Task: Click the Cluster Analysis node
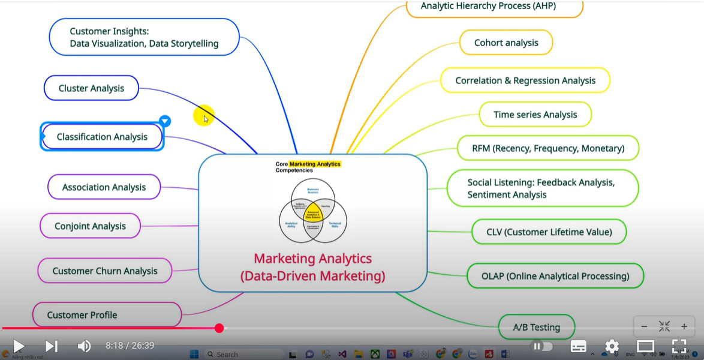(91, 88)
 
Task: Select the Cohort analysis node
(506, 43)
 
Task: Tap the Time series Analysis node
(535, 115)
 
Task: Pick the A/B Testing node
(536, 328)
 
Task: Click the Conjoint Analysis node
(90, 226)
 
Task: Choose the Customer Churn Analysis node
(104, 271)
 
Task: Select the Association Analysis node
(104, 187)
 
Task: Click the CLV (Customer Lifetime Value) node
(549, 232)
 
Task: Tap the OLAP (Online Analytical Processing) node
(555, 276)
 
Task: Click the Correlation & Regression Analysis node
(525, 80)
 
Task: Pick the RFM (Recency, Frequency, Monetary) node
(547, 148)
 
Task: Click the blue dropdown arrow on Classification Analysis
(165, 121)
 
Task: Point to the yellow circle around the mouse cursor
(204, 116)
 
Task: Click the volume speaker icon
(84, 346)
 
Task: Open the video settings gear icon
(612, 346)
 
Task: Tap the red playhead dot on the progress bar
(219, 328)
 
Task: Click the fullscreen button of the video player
(679, 346)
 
